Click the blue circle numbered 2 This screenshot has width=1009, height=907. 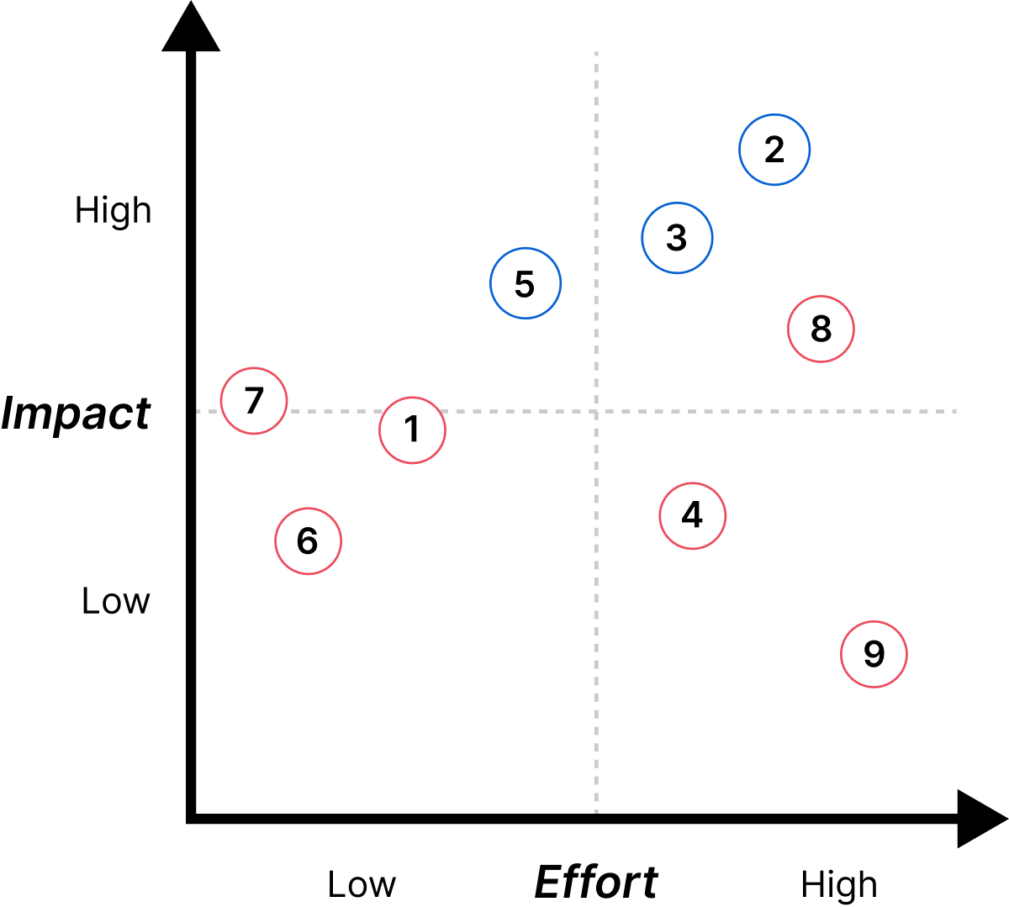(774, 150)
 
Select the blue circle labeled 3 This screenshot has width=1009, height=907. (677, 238)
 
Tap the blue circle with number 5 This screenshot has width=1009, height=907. (526, 283)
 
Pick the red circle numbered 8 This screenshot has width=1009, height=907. (821, 329)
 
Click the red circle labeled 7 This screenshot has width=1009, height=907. (254, 401)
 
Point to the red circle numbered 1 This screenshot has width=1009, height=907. (412, 430)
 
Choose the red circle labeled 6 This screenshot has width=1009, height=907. (308, 541)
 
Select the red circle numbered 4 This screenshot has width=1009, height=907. (692, 516)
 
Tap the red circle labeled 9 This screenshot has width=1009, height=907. (874, 654)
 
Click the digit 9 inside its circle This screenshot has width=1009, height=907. (874, 654)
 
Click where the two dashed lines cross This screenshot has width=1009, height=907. (596, 411)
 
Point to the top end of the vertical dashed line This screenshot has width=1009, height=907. (596, 53)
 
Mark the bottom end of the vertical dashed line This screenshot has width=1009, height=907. (596, 812)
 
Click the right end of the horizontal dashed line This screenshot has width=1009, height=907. (956, 411)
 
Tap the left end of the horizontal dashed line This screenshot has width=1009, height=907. (198, 411)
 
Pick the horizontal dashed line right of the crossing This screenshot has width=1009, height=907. (774, 411)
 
